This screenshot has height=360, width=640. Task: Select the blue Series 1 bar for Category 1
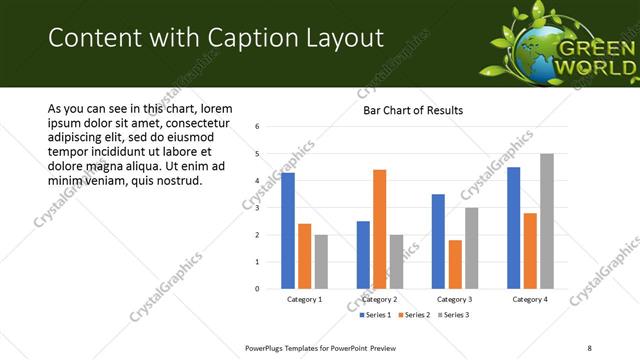288,231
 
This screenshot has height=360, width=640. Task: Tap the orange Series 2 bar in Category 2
379,229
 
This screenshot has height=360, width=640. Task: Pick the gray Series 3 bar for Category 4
546,221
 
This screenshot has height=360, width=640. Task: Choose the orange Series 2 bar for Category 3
454,264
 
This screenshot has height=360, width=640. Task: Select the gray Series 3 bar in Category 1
320,262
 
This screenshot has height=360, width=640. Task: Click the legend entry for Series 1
378,315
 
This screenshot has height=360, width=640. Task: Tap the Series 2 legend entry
413,315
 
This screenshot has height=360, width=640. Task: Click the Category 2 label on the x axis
379,299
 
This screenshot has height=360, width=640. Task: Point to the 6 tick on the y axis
258,127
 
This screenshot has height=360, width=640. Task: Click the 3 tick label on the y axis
258,208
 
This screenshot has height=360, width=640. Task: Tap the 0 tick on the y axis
258,289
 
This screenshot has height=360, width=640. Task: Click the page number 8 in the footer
589,347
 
